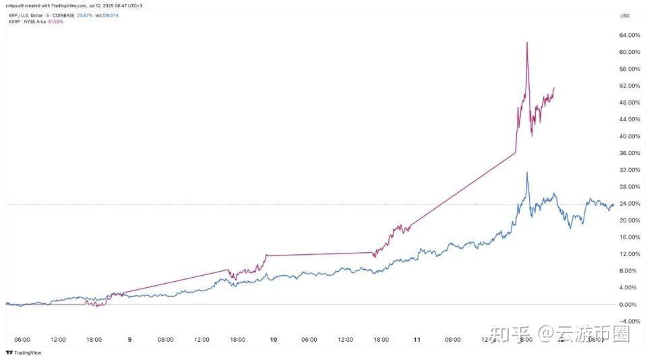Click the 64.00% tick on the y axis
628,35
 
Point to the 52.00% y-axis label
628,86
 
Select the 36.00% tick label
628,153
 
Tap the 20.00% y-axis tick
628,220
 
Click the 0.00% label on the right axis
629,305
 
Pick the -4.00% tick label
628,322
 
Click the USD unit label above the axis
625,16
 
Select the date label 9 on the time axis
129,340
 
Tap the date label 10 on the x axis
273,340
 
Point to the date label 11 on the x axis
417,340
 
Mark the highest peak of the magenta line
527,42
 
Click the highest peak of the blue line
527,173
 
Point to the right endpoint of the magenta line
554,88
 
